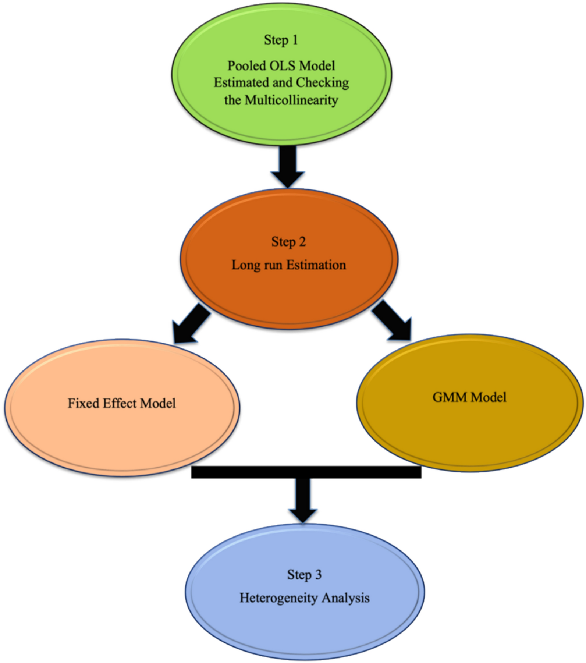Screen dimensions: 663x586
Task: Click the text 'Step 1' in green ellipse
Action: point(281,40)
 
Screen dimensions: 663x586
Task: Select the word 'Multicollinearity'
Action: point(291,100)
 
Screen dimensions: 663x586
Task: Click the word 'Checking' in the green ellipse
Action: point(322,83)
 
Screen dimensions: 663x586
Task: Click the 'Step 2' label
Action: point(288,242)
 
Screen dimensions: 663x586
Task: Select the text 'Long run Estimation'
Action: point(288,265)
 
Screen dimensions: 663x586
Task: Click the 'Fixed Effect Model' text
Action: point(121,403)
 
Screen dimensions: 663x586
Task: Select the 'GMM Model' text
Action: point(469,397)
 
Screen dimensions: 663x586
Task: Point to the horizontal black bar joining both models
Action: point(306,472)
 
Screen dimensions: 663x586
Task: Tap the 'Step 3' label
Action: point(304,575)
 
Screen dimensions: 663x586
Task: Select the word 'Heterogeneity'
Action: point(278,598)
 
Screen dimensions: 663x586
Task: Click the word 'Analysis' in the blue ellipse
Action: point(345,598)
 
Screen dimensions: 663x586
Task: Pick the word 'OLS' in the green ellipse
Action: point(282,66)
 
